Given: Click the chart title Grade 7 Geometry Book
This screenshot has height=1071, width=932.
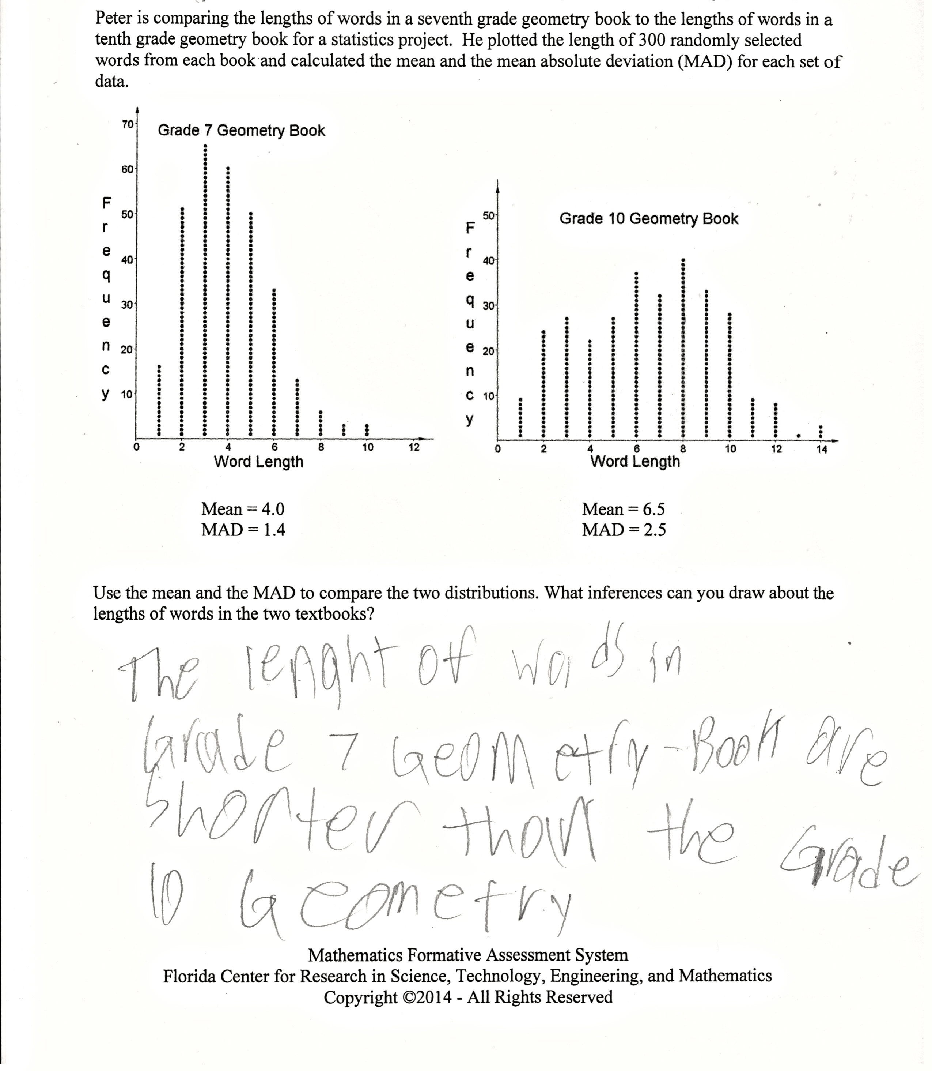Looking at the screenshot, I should (241, 130).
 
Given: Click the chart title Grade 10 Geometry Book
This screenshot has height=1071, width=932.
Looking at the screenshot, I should (648, 219).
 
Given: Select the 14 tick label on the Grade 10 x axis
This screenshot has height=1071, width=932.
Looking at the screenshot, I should (822, 450).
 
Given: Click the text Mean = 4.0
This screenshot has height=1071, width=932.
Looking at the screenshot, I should (243, 508).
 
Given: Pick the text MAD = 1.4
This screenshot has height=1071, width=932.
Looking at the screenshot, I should (243, 530).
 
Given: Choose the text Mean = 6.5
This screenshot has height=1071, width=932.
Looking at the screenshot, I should (623, 508).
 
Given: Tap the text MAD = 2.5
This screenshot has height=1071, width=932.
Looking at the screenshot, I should (624, 530).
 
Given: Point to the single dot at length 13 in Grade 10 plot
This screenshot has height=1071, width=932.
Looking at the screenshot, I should (798, 436).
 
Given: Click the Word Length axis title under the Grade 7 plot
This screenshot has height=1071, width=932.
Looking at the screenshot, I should (258, 462).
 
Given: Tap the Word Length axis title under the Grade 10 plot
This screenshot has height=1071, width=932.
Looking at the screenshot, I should (635, 461).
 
